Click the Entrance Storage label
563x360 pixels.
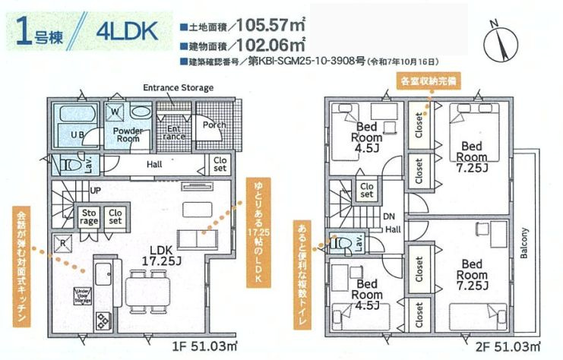pyautogui.click(x=178, y=88)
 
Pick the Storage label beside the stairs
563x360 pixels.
pyautogui.click(x=90, y=216)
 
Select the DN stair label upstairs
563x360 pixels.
pyautogui.click(x=387, y=216)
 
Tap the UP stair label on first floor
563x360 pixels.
pyautogui.click(x=96, y=189)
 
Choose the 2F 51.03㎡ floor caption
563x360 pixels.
pyautogui.click(x=511, y=347)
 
